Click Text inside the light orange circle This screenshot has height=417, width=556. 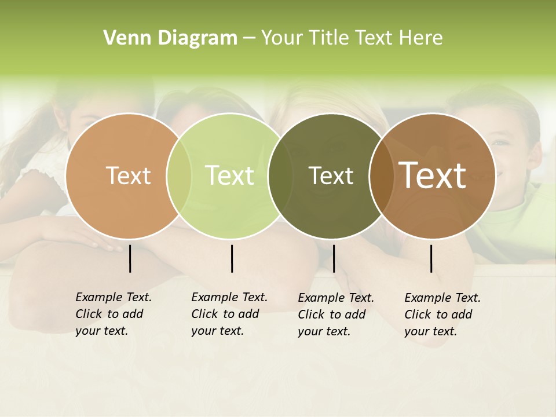[x=128, y=175]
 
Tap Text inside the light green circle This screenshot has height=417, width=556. [x=229, y=175]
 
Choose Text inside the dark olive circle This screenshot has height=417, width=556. [x=331, y=175]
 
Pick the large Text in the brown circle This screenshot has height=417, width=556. [x=433, y=175]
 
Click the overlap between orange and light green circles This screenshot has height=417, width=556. [x=179, y=176]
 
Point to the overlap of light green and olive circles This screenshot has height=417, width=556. [x=280, y=176]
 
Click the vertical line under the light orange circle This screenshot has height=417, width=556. [x=130, y=258]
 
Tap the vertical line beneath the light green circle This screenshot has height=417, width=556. [x=232, y=258]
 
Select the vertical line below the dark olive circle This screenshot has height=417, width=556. [x=334, y=258]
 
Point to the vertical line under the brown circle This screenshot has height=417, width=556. [x=431, y=258]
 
